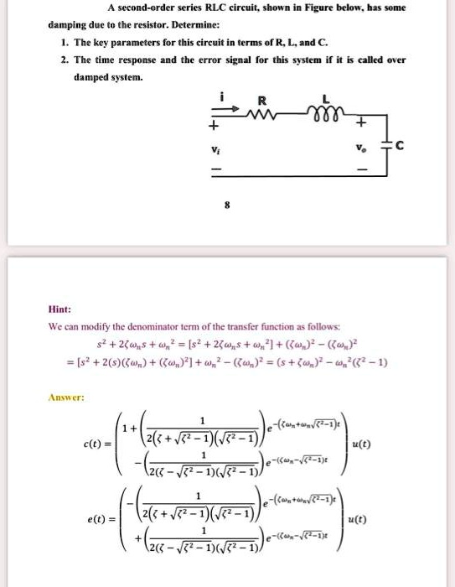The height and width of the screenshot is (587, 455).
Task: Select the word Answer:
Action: click(66, 397)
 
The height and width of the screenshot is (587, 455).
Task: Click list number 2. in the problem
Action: click(63, 60)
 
